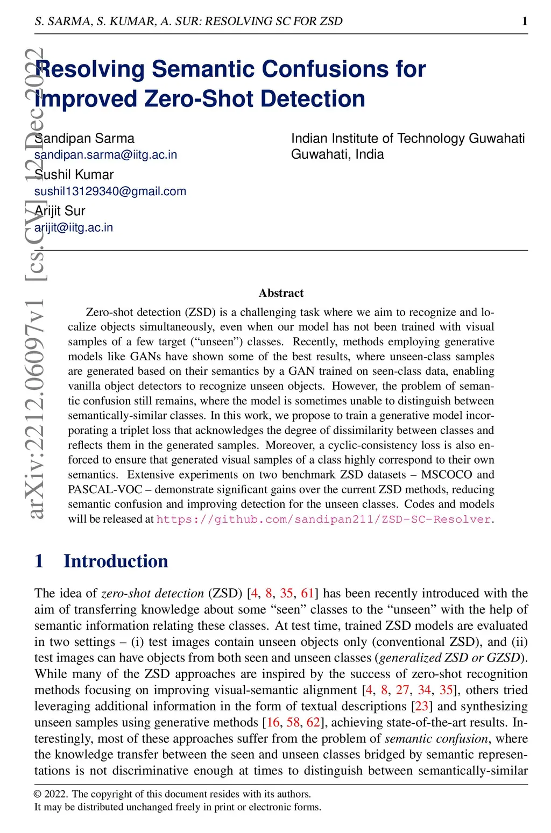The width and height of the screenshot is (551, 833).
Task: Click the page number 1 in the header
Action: coord(525,21)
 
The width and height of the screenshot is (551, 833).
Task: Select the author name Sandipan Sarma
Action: coord(84,138)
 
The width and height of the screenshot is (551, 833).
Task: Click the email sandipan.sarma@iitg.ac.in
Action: coord(105,155)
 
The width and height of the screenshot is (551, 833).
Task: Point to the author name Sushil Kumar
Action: coord(74,175)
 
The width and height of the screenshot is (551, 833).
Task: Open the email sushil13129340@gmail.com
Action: coord(110,191)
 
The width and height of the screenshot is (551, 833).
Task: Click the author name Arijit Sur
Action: coord(60,211)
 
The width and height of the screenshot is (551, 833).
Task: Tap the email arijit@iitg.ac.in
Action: coord(74,227)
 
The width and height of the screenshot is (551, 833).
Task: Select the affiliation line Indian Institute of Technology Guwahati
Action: coord(407,138)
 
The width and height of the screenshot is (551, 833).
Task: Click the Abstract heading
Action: coord(281,293)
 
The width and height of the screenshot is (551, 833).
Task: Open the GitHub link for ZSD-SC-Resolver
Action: coord(323,519)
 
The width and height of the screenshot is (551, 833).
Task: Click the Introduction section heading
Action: coord(115,561)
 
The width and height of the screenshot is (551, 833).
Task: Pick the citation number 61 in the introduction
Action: coord(307,593)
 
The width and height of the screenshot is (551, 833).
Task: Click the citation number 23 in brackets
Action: coord(421,706)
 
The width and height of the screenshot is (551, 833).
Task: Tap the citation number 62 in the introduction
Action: coord(313,722)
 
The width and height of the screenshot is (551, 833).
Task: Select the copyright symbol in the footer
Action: coord(38,794)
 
